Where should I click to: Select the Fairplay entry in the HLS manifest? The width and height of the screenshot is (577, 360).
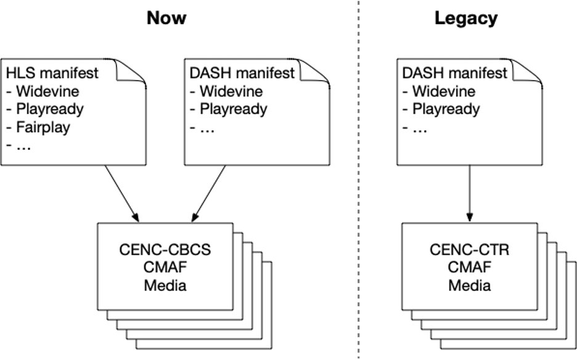point(43,128)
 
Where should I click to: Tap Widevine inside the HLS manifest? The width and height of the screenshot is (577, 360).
point(47,91)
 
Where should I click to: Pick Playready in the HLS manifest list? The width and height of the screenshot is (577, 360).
point(50,109)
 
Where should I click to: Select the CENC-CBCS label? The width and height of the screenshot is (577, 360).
point(165,250)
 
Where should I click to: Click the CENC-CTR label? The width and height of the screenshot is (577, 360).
point(469,250)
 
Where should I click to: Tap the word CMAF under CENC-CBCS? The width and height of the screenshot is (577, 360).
point(165,268)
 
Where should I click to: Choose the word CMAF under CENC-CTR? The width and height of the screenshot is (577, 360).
point(469,268)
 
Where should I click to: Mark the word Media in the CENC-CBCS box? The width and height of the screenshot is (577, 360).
point(165,285)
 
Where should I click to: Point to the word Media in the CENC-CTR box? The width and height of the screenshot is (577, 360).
point(469,285)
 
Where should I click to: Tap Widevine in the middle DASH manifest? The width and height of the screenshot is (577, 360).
point(231,91)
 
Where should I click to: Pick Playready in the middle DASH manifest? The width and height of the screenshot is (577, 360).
point(234,109)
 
